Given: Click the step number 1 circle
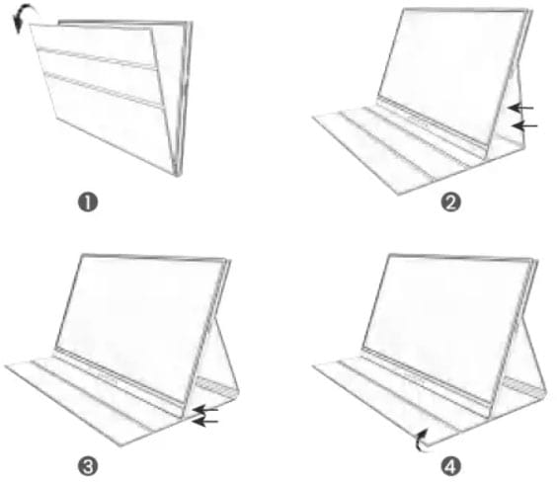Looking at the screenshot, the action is point(88,202).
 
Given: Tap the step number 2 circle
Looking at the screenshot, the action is point(450,202).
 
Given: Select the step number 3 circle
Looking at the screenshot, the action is point(88,466).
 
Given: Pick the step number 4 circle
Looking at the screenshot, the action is point(450,466).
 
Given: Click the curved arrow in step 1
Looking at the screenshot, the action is point(22,12).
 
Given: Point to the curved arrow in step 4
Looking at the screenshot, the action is point(420,441).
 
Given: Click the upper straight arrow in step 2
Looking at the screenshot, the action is point(520,108).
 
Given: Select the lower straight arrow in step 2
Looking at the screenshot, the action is point(525,125).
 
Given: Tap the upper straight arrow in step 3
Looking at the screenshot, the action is point(205,410).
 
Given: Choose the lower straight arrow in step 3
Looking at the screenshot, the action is point(204,422).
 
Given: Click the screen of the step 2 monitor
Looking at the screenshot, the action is point(450,71).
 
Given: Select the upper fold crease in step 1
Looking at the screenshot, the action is point(96,57).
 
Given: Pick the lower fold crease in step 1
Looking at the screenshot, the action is point(104,90).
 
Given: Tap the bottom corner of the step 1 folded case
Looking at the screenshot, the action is point(177,175).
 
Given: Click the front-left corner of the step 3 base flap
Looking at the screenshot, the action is point(5,365).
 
